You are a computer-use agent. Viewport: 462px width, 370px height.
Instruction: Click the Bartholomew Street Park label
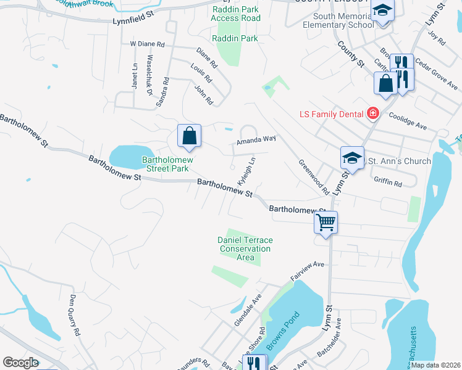pyautogui.click(x=165, y=163)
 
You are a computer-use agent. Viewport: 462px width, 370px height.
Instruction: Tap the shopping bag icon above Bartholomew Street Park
pyautogui.click(x=190, y=136)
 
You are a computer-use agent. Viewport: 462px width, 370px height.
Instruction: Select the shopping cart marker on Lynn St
pyautogui.click(x=325, y=222)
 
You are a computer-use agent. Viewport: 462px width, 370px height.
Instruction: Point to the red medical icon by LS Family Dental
pyautogui.click(x=372, y=113)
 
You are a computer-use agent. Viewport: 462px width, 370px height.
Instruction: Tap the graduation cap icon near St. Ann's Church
pyautogui.click(x=352, y=158)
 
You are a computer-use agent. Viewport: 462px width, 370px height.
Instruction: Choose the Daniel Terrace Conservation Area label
pyautogui.click(x=245, y=249)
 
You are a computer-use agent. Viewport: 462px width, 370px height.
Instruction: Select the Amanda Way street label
pyautogui.click(x=256, y=140)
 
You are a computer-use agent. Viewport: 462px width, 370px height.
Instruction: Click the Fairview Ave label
pyautogui.click(x=308, y=269)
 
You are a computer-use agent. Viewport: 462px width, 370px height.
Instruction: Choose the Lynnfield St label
pyautogui.click(x=141, y=17)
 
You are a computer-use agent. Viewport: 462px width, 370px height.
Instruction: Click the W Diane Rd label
pyautogui.click(x=147, y=44)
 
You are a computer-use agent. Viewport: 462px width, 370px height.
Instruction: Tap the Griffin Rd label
pyautogui.click(x=388, y=183)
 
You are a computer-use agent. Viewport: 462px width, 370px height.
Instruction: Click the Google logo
pyautogui.click(x=21, y=363)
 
